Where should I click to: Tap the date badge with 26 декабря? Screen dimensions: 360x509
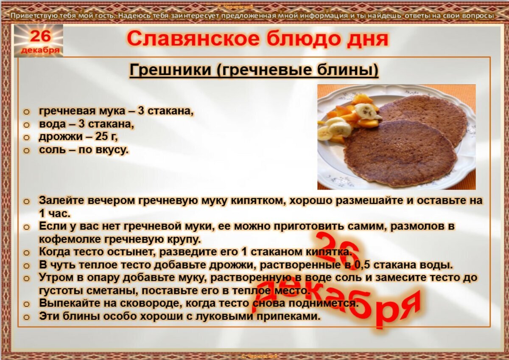39,41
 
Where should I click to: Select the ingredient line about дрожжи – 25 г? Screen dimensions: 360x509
78,137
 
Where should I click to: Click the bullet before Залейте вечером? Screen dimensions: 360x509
27,201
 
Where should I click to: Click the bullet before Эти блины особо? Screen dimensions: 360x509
27,317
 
